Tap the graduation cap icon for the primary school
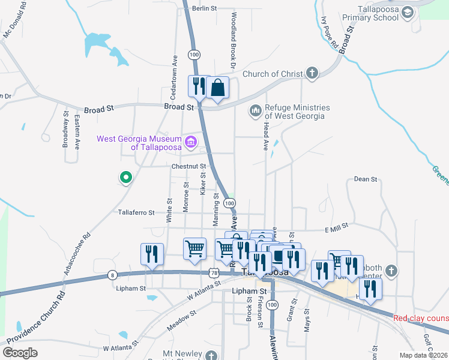pyautogui.click(x=408, y=13)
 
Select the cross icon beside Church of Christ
pyautogui.click(x=312, y=74)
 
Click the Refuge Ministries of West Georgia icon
pyautogui.click(x=255, y=111)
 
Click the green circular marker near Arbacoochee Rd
pyautogui.click(x=125, y=178)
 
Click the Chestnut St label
pyautogui.click(x=188, y=166)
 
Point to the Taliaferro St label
pyautogui.click(x=136, y=212)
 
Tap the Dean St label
pyautogui.click(x=365, y=179)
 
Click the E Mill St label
pyautogui.click(x=337, y=229)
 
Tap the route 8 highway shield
pyautogui.click(x=112, y=275)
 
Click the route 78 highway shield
pyautogui.click(x=215, y=273)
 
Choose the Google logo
pyautogui.click(x=20, y=353)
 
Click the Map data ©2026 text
pyautogui.click(x=424, y=355)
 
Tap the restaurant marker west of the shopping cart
pyautogui.click(x=152, y=254)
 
